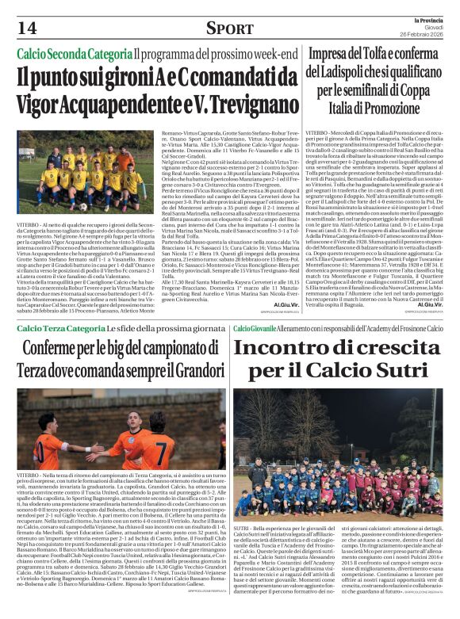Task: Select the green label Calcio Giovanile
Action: click(x=255, y=328)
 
